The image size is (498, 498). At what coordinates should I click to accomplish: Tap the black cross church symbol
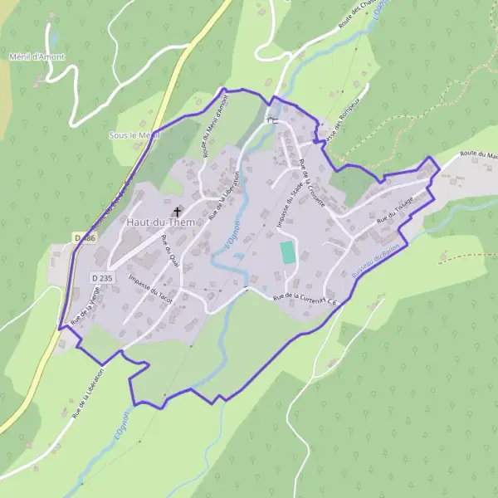tap(177, 212)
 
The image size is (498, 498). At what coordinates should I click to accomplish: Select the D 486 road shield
tap(85, 238)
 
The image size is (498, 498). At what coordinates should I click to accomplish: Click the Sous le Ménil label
tap(133, 134)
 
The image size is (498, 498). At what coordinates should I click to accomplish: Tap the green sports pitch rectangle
tap(287, 252)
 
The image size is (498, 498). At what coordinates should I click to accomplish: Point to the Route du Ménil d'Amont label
tap(215, 127)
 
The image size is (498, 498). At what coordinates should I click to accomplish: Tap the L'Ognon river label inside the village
tap(230, 242)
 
